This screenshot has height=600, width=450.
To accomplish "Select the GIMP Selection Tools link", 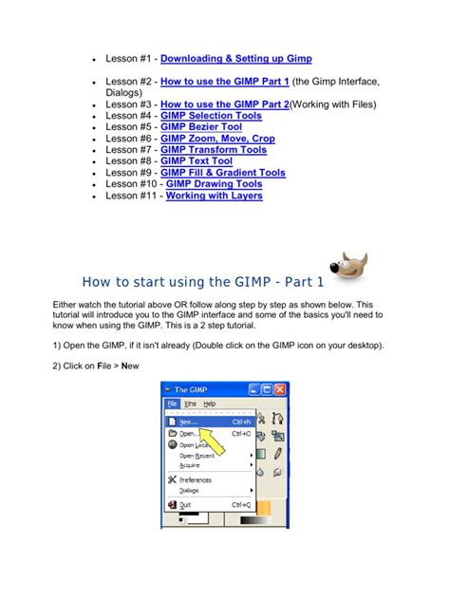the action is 211,116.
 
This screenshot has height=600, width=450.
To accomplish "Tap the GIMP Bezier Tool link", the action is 200,127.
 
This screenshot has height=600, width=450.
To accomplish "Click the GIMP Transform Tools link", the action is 214,150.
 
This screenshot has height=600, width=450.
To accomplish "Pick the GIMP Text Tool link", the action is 197,161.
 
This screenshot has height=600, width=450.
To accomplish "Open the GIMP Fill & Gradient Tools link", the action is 223,173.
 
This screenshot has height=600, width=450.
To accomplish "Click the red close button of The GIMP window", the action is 281,389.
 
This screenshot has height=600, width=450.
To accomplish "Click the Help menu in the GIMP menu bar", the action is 210,403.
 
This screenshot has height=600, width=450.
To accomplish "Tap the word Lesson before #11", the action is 122,196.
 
